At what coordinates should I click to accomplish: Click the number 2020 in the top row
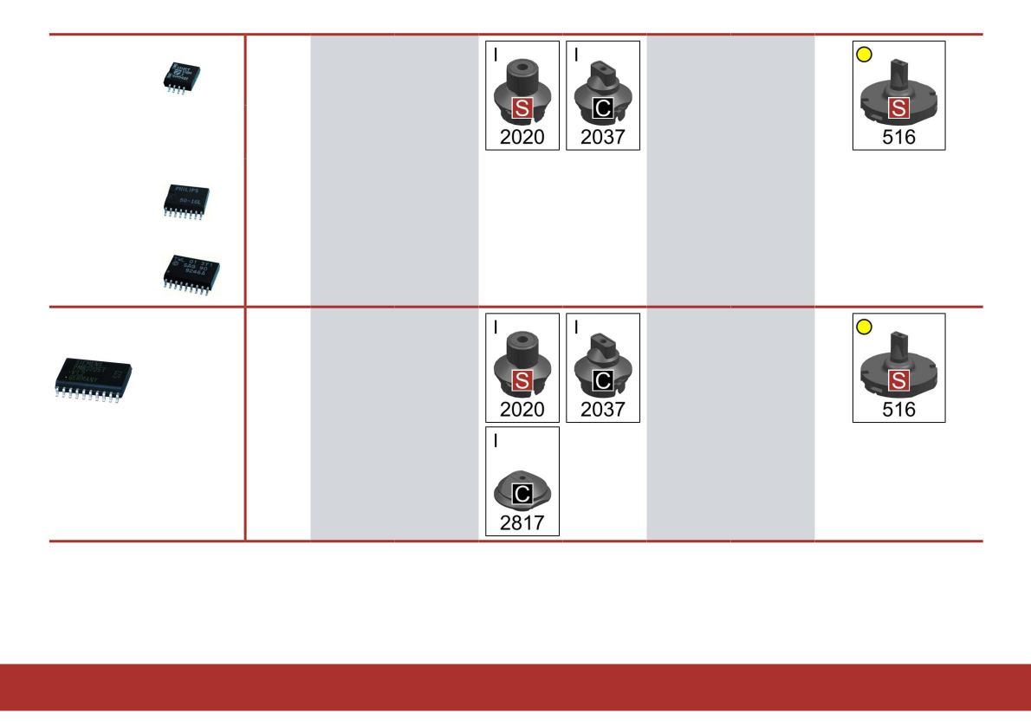tap(522, 137)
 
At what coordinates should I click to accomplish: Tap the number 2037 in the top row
tap(603, 137)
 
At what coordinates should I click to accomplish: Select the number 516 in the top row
tap(898, 137)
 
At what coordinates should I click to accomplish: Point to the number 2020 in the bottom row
tap(522, 409)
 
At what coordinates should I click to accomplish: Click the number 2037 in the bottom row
tap(603, 409)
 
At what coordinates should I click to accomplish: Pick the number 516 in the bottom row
tap(898, 409)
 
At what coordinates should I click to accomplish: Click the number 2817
tap(522, 522)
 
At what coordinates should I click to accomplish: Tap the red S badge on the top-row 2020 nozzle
tap(522, 108)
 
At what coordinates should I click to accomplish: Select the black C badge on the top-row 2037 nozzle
tap(602, 108)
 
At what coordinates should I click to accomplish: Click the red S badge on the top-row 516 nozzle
tap(899, 108)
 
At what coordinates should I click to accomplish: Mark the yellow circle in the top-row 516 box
tap(864, 55)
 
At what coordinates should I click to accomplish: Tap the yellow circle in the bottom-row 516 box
tap(864, 327)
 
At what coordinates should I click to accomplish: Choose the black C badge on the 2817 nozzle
tap(522, 495)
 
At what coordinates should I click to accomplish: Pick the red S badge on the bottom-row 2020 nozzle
tap(522, 380)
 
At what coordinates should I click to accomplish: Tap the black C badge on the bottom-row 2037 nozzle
tap(602, 380)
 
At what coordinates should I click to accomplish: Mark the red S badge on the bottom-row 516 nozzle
tap(899, 380)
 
